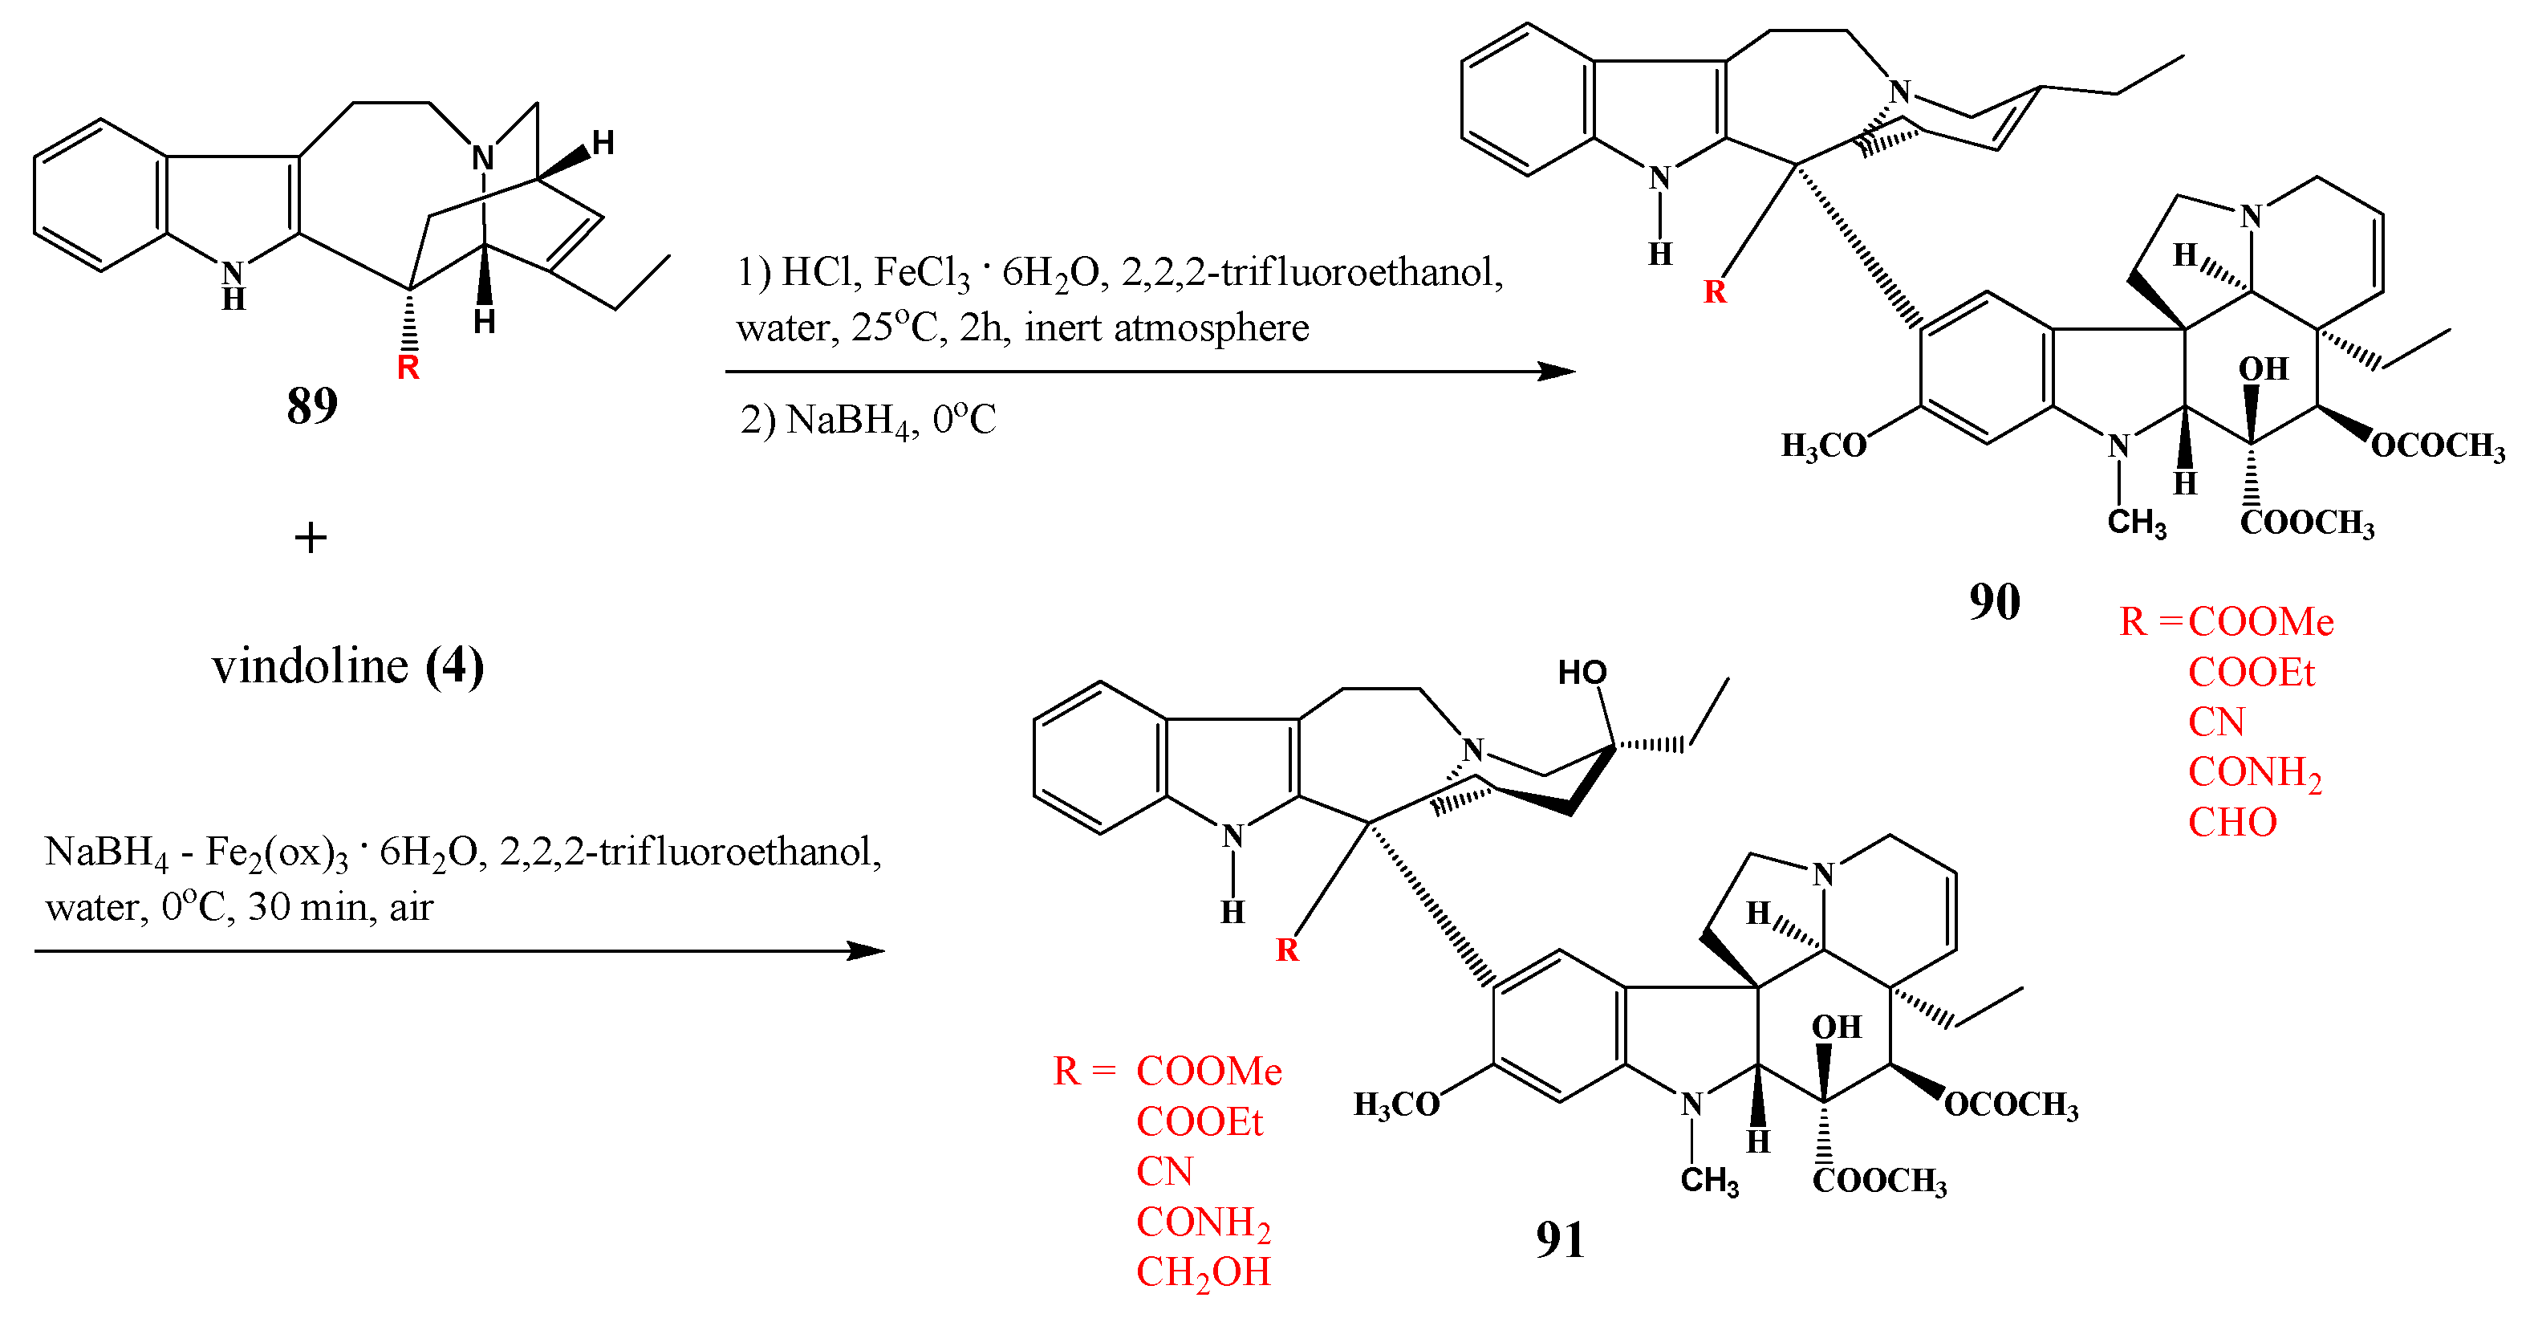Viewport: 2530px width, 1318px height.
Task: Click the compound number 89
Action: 311,405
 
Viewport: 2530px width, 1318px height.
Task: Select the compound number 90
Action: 1994,601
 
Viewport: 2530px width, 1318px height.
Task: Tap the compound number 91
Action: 1560,1239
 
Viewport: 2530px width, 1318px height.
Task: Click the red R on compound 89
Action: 408,368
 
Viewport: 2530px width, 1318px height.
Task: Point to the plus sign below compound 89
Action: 311,539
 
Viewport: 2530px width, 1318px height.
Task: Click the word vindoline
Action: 310,667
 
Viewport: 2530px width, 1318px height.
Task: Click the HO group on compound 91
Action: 1582,673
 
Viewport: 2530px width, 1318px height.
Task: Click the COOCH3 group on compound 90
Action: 2307,523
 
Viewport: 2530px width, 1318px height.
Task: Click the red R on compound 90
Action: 1715,291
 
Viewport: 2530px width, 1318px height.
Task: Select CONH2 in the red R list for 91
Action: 1203,1222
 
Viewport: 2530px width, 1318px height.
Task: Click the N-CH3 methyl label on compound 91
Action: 1709,1181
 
